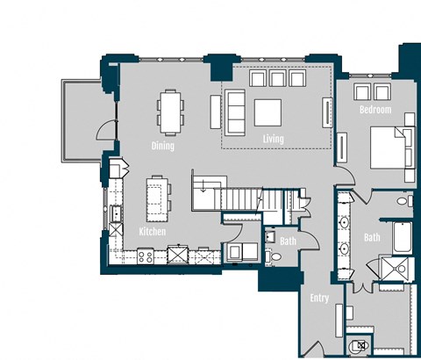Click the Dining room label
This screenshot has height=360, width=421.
pos(163,146)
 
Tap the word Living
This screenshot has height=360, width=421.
pos(273,139)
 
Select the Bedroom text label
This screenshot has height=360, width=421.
pos(375,111)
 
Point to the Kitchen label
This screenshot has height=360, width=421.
pos(153,232)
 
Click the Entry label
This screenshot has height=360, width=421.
pos(319,299)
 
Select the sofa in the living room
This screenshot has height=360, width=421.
pos(235,112)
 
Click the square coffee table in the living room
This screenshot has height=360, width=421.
pos(268,112)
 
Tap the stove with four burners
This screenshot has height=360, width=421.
pos(146,256)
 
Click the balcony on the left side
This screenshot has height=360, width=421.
pos(80,120)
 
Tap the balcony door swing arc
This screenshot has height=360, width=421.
pos(106,131)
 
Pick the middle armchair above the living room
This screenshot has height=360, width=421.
pos(277,79)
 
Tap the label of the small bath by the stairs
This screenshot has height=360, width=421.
pos(288,241)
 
